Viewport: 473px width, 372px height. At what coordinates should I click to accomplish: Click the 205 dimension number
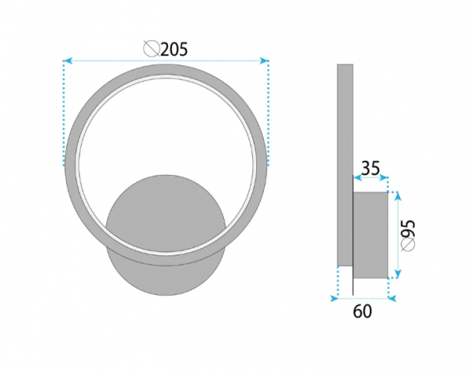point(174,50)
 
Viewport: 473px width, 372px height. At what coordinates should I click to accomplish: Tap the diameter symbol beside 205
point(151,49)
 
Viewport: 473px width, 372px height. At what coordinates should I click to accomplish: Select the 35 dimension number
point(371,169)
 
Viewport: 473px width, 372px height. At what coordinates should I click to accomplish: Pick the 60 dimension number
point(363,311)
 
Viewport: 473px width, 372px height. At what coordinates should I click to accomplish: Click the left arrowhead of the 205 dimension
point(68,61)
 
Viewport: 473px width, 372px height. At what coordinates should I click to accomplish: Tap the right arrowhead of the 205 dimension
point(264,61)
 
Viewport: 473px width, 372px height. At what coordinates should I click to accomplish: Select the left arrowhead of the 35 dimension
point(357,177)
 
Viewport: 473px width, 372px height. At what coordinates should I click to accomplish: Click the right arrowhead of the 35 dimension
point(384,177)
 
